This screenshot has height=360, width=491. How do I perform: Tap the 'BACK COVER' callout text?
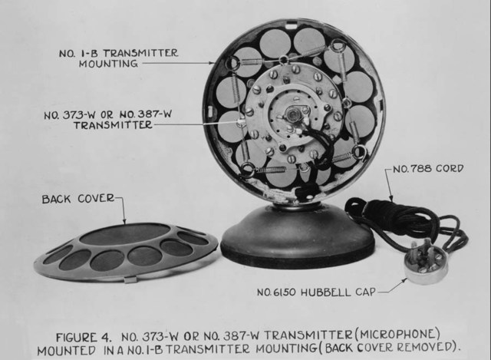coord(77,199)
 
